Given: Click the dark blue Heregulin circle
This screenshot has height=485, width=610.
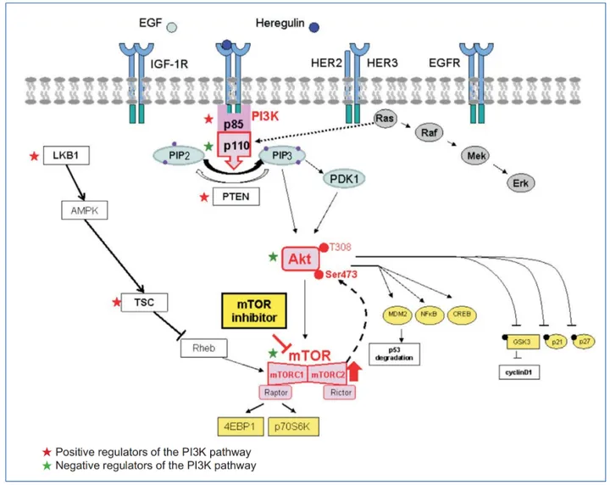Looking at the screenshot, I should (x=314, y=28).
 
